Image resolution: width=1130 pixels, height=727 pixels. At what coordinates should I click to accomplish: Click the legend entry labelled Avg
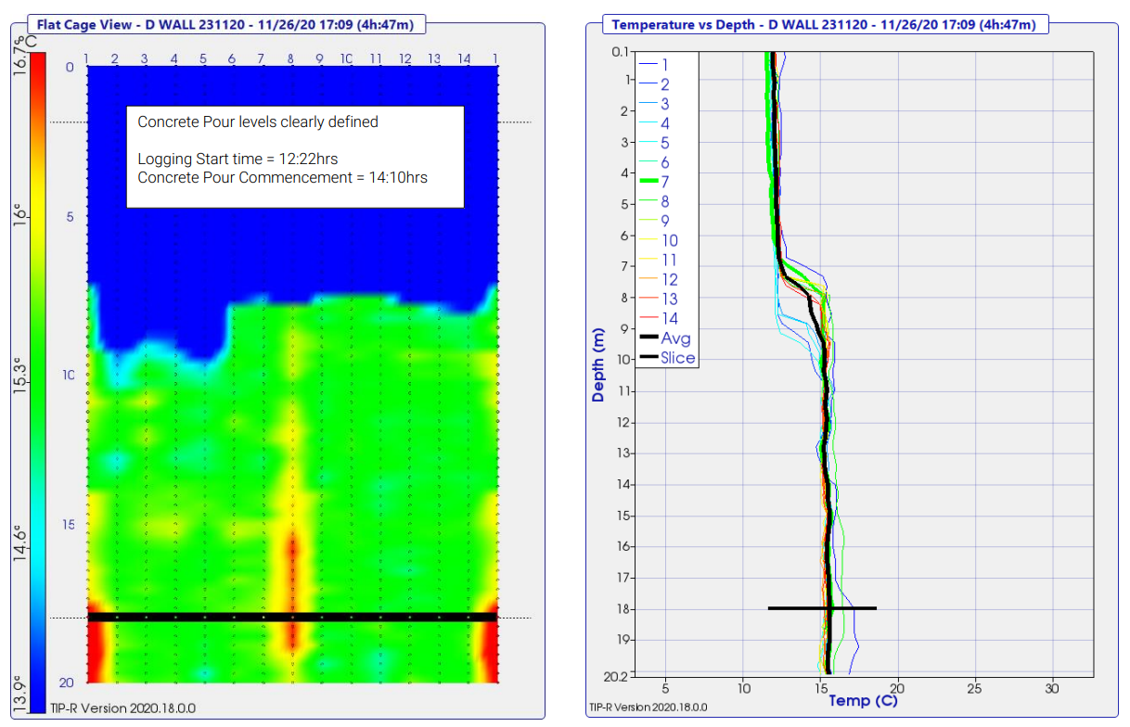click(x=675, y=338)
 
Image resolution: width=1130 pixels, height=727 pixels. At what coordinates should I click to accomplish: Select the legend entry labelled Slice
click(x=677, y=358)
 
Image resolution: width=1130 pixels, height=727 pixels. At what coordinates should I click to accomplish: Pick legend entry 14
click(x=670, y=318)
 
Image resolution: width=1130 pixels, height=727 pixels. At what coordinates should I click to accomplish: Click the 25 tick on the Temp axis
click(x=974, y=688)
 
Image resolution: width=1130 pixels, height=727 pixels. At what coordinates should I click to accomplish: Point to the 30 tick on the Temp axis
click(x=1051, y=688)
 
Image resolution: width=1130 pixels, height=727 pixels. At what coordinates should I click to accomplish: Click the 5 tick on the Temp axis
click(x=665, y=688)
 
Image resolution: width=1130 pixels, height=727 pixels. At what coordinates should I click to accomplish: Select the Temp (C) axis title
click(x=863, y=701)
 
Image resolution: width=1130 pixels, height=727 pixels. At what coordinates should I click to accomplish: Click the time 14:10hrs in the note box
click(x=396, y=177)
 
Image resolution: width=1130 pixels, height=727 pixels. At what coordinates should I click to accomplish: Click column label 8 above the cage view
click(x=291, y=59)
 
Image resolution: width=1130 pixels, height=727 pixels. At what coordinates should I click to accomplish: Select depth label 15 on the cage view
click(x=67, y=525)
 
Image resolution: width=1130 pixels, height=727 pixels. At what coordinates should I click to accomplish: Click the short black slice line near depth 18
click(x=822, y=608)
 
